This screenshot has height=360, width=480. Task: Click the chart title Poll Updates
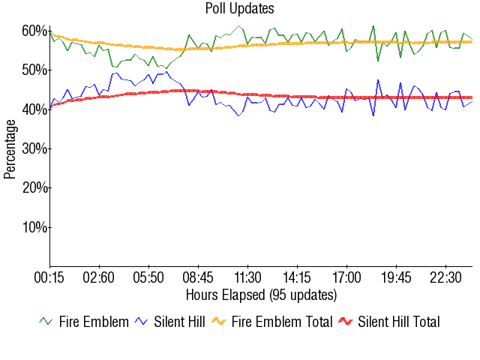coord(239,9)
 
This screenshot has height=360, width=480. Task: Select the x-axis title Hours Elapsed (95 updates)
coord(261,294)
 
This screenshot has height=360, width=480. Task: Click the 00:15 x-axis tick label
coord(49,277)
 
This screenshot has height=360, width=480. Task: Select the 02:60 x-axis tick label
coord(99,277)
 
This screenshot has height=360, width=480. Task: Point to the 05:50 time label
coord(148,277)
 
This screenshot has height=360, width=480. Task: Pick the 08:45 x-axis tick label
coord(198,277)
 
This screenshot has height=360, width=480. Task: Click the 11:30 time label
coord(247,277)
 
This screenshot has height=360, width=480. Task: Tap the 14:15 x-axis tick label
coord(297,277)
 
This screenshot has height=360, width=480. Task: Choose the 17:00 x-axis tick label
coord(346,277)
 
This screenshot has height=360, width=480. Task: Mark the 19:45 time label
coord(396,277)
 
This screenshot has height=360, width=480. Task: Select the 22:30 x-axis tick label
coord(445,277)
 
